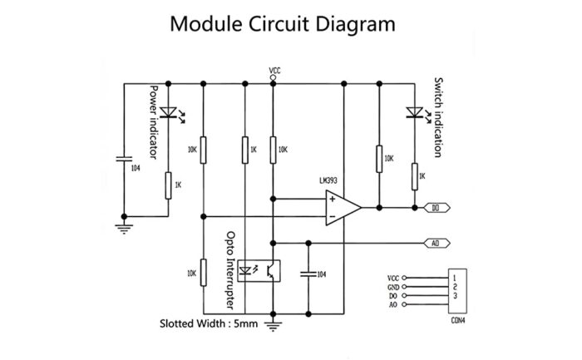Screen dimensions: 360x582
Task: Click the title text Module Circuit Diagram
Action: [283, 23]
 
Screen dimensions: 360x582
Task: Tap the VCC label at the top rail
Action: [275, 71]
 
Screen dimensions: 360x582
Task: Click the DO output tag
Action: [439, 207]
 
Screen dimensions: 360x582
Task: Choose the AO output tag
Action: [439, 244]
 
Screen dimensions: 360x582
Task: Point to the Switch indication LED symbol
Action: [413, 112]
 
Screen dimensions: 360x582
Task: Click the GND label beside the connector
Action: [393, 286]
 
